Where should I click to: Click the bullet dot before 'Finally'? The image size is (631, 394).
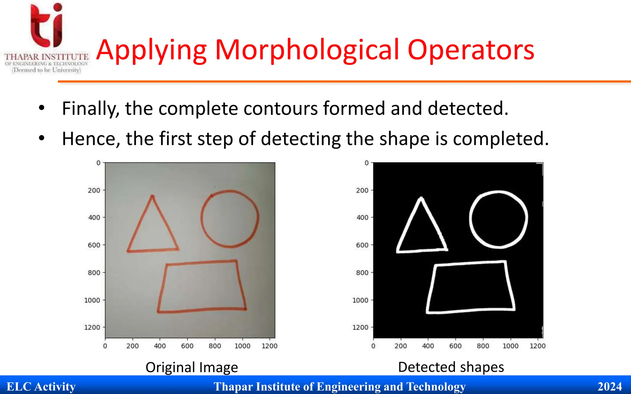(42, 108)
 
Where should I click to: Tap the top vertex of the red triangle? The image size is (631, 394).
(152, 196)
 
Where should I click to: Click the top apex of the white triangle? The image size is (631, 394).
(421, 199)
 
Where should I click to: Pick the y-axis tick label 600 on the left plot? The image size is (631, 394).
(94, 245)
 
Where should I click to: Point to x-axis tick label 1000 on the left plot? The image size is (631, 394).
(242, 346)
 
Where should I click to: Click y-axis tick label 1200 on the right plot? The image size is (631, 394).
(360, 328)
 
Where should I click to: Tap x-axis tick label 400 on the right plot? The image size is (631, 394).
(428, 346)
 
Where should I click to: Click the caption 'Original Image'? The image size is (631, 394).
(192, 367)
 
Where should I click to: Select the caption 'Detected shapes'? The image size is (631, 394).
(451, 367)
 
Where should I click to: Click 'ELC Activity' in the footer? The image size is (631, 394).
(41, 387)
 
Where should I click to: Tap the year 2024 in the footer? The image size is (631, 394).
(609, 387)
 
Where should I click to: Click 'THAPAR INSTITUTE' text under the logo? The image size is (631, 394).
(46, 57)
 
